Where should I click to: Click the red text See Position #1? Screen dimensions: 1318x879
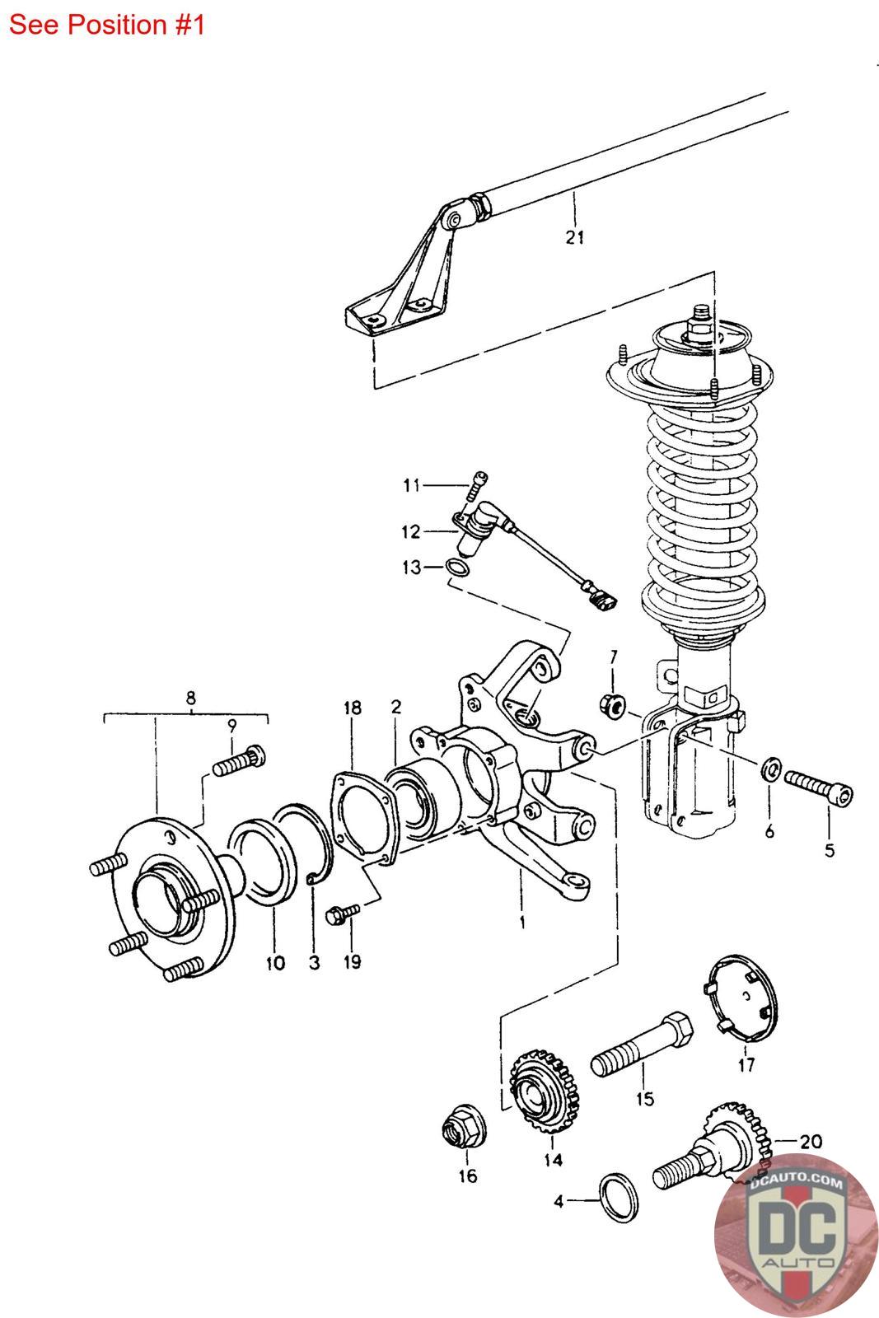(106, 25)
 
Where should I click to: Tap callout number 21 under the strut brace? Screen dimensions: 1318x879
(574, 237)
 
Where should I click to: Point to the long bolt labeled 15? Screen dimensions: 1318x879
(643, 1043)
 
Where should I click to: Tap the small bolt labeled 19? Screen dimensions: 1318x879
(343, 912)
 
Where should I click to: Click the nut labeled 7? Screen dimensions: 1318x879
(614, 705)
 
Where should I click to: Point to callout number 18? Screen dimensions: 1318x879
(353, 708)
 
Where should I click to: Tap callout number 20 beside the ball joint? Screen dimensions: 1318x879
(811, 1142)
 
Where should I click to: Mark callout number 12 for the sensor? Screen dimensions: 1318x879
(411, 532)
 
